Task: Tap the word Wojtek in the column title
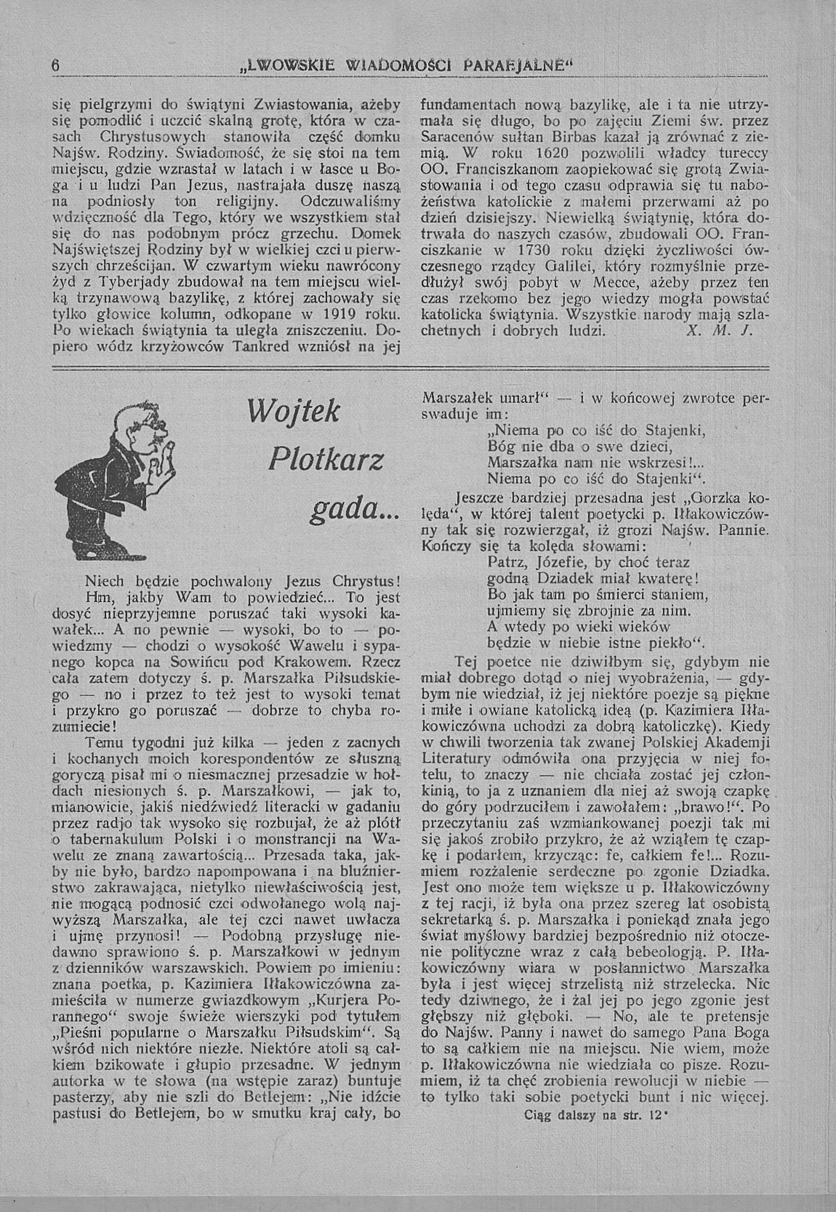(x=295, y=413)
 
